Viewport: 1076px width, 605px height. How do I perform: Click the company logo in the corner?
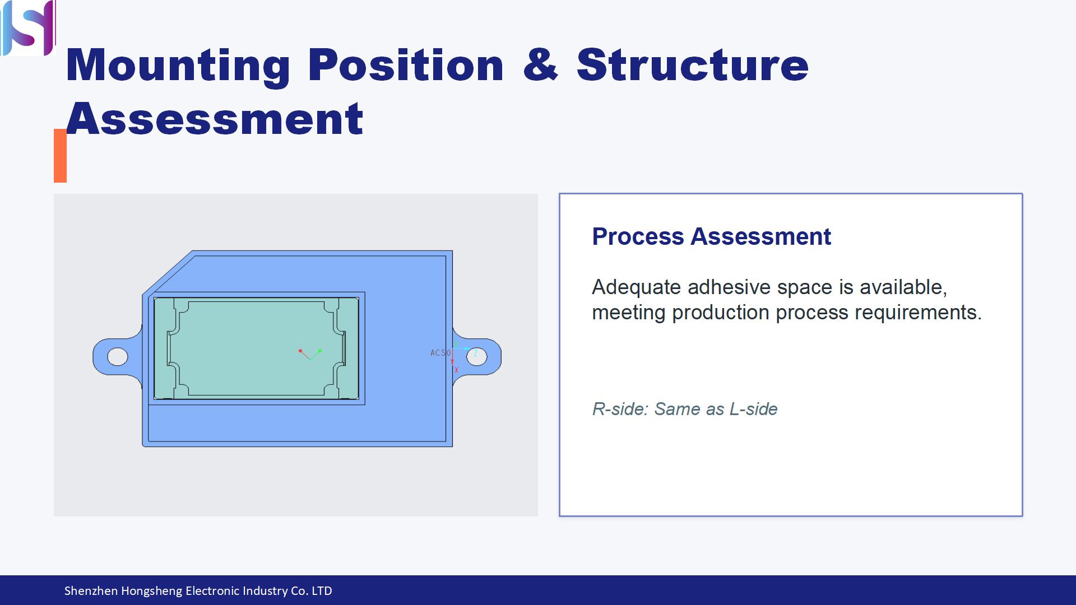click(x=28, y=27)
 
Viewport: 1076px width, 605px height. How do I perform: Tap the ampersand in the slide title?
click(x=540, y=64)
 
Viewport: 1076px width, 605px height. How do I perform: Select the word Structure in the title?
click(x=692, y=64)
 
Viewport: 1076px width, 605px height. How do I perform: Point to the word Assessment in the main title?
click(x=215, y=119)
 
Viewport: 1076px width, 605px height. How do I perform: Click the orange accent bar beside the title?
click(x=60, y=156)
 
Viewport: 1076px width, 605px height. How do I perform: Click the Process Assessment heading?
click(x=711, y=236)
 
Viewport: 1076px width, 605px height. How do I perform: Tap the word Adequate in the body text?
click(x=637, y=287)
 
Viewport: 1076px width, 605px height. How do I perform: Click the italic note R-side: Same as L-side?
click(x=685, y=409)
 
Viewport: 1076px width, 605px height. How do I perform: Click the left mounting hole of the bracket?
click(x=117, y=356)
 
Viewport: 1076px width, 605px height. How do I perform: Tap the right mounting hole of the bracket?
click(x=476, y=356)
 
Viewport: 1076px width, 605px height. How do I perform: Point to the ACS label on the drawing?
click(x=440, y=353)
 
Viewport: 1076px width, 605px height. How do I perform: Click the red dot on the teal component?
click(x=300, y=351)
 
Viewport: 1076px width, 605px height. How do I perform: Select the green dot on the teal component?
click(x=320, y=351)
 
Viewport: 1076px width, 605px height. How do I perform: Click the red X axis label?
click(x=456, y=370)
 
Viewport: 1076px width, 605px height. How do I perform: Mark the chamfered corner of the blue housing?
click(x=168, y=272)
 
